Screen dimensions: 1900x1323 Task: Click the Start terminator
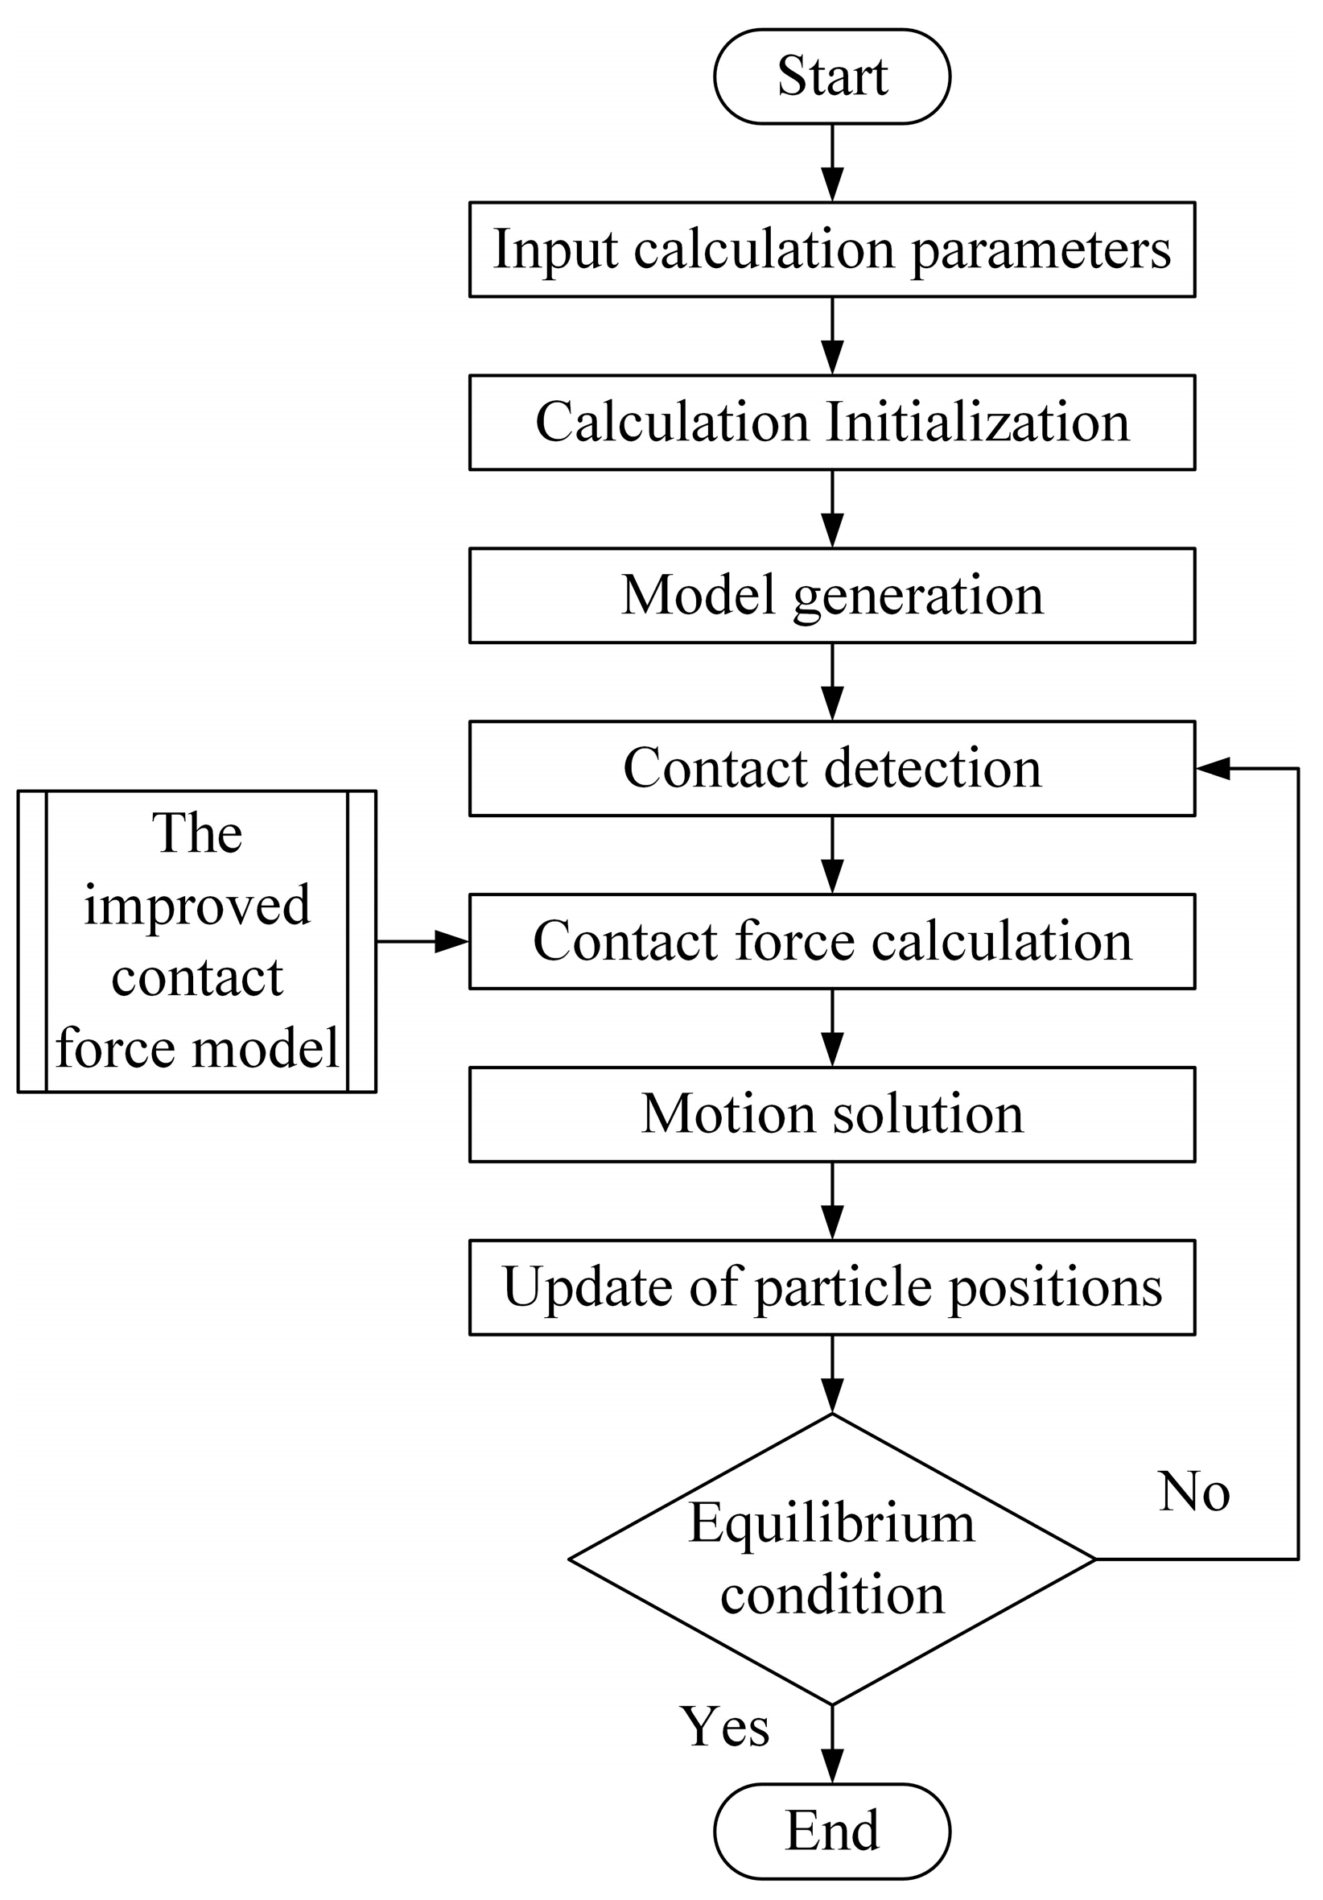(831, 76)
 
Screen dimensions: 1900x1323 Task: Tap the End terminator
(831, 1831)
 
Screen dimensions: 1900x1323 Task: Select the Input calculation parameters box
(831, 249)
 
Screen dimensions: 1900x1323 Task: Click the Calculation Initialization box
(831, 422)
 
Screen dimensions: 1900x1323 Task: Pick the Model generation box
(831, 595)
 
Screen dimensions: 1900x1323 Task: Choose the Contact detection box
(831, 768)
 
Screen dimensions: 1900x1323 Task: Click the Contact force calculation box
(831, 941)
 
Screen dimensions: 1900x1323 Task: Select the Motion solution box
(831, 1114)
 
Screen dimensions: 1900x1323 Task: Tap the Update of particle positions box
(831, 1287)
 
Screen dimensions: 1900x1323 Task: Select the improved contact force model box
(197, 941)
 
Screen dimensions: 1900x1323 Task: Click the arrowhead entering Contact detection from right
(1212, 768)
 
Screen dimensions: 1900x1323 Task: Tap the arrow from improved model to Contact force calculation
(422, 941)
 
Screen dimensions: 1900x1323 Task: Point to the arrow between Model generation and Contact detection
(831, 682)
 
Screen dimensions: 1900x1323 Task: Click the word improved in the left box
(197, 905)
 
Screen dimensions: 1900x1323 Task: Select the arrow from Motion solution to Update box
(831, 1200)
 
